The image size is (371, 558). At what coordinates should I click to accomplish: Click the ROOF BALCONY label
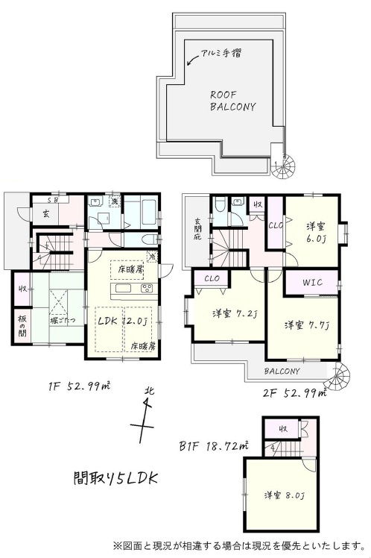point(232,101)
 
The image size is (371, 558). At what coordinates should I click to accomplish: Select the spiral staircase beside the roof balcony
point(284,166)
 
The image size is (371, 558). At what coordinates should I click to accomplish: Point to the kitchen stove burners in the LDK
point(146,289)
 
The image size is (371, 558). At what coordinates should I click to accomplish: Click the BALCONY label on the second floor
point(282,371)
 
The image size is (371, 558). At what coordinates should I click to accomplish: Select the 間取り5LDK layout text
point(115,477)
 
